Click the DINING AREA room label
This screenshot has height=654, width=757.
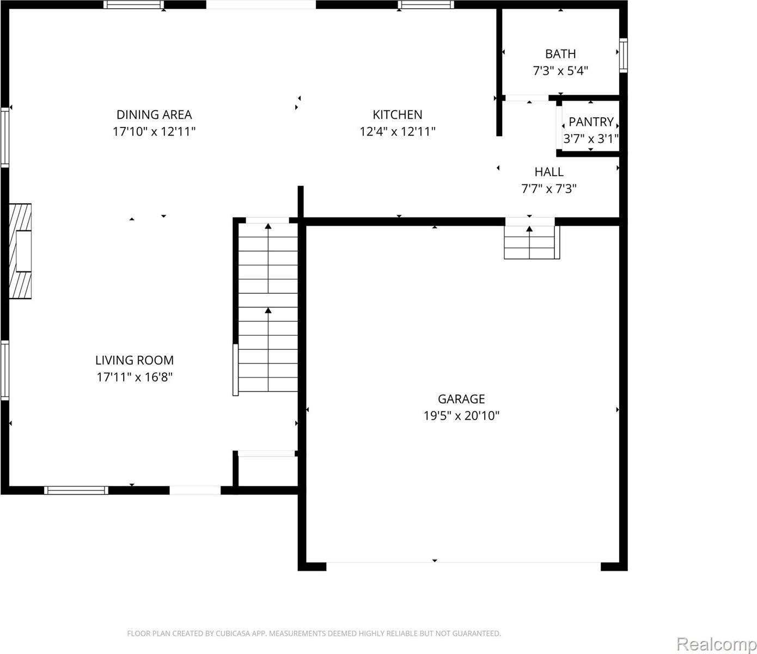click(x=154, y=114)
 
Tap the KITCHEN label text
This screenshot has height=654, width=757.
click(x=397, y=114)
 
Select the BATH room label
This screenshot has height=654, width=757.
click(x=560, y=53)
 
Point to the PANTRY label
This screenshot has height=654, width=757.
click(x=591, y=122)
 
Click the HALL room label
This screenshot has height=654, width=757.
click(x=548, y=172)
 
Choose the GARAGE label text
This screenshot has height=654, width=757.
click(x=461, y=399)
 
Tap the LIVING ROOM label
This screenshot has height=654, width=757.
click(x=135, y=360)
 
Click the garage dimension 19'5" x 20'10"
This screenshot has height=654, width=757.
click(x=461, y=416)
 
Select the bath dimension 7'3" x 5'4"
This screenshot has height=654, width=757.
click(x=560, y=70)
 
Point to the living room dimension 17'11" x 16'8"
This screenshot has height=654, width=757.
click(x=135, y=377)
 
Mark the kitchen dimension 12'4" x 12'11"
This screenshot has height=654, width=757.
click(x=397, y=131)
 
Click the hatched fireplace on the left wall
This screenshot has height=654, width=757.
click(x=20, y=251)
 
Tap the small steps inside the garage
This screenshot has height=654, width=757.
click(x=531, y=242)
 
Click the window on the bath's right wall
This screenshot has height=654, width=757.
click(x=624, y=55)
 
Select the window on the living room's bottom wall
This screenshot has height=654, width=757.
click(x=76, y=490)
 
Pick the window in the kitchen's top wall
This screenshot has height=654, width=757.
click(x=426, y=5)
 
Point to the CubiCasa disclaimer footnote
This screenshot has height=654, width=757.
click(x=314, y=633)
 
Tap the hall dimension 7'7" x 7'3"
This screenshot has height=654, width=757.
click(x=548, y=189)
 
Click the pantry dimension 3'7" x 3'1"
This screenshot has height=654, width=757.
click(x=591, y=139)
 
